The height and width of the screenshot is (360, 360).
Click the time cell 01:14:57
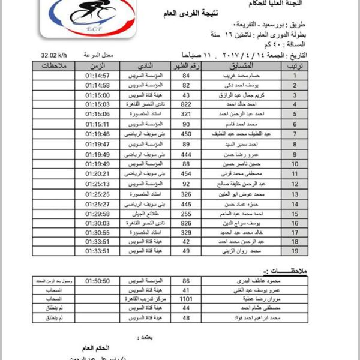97,76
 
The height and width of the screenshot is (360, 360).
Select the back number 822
186,104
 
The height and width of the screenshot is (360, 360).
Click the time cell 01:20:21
97,173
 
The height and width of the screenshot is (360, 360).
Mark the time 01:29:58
97,212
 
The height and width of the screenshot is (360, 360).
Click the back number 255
186,212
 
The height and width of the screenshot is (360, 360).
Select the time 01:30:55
97,232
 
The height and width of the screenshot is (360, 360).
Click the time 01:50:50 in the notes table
97,280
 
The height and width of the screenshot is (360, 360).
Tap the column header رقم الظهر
186,65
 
